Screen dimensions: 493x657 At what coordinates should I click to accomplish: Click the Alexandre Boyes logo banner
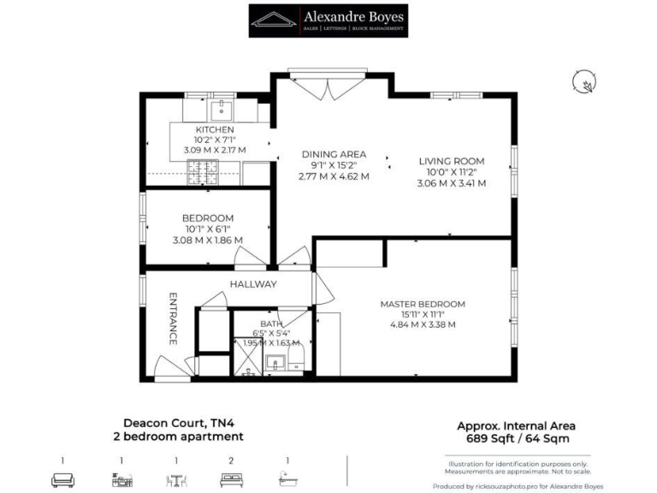pyautogui.click(x=328, y=21)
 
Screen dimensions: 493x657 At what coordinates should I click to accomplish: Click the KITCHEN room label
pyautogui.click(x=215, y=129)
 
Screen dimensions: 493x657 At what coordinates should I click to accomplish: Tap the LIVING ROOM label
pyautogui.click(x=451, y=160)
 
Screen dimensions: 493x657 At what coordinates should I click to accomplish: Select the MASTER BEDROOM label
pyautogui.click(x=423, y=304)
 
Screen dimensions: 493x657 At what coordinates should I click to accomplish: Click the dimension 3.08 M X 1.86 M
pyautogui.click(x=208, y=241)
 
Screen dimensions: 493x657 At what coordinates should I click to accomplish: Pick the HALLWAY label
pyautogui.click(x=252, y=284)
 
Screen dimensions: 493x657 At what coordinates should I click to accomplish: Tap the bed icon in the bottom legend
pyautogui.click(x=231, y=481)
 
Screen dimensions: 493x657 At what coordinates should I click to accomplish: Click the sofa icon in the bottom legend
pyautogui.click(x=62, y=481)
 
